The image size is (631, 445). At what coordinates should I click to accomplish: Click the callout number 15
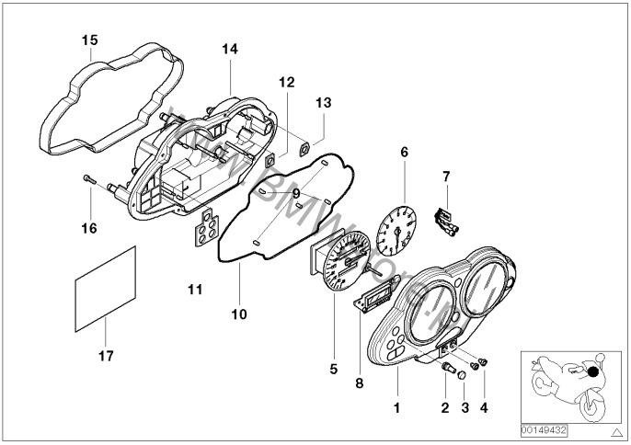tap(89, 40)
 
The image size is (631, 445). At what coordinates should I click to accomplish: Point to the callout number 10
tap(239, 314)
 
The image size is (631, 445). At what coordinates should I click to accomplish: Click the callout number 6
tap(402, 153)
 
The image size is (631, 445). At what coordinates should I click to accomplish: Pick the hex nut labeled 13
tap(304, 145)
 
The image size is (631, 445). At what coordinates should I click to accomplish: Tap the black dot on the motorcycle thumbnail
tap(592, 372)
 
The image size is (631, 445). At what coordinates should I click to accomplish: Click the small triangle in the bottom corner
tap(616, 430)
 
